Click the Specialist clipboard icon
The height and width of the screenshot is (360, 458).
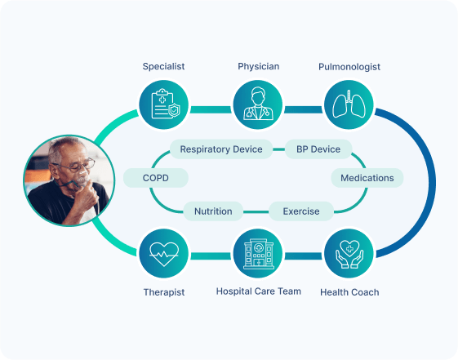(x=164, y=104)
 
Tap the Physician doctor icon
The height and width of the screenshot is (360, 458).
(x=258, y=104)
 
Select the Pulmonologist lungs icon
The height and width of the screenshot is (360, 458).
(x=349, y=104)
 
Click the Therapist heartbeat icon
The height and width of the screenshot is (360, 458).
(x=164, y=253)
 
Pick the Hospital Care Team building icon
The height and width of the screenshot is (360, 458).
(x=258, y=253)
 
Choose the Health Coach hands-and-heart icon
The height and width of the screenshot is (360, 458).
(x=349, y=253)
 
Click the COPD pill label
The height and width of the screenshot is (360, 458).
(x=156, y=178)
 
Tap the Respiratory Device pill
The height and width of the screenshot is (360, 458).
(x=221, y=149)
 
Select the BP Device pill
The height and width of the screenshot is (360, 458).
(x=318, y=149)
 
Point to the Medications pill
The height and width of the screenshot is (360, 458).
(x=367, y=178)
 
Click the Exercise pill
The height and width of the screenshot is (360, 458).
(x=301, y=211)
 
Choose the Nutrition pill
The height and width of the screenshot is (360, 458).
(x=213, y=211)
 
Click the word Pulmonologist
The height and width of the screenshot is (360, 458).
(x=349, y=67)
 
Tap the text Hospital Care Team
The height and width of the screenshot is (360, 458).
(x=259, y=291)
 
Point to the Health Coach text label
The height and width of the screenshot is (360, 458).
(x=349, y=292)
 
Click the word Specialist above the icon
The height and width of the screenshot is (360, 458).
(x=163, y=67)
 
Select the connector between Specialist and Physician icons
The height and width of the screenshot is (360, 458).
(x=211, y=109)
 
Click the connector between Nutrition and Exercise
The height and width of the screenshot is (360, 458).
(x=256, y=211)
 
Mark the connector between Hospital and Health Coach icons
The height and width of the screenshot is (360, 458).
(x=304, y=256)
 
